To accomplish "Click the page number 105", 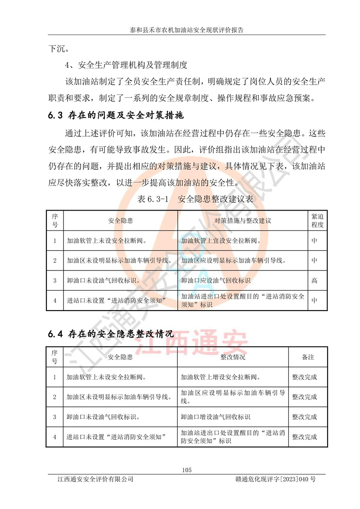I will [187, 470].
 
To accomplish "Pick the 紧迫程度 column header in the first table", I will [317, 221].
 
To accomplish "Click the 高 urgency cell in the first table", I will [314, 281].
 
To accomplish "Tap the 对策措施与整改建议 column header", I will [243, 221].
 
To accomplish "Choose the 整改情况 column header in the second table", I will [233, 357].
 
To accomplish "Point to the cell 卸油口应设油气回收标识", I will [216, 281].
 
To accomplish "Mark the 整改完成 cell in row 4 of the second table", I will [305, 437].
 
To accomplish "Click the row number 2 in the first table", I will [55, 261].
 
